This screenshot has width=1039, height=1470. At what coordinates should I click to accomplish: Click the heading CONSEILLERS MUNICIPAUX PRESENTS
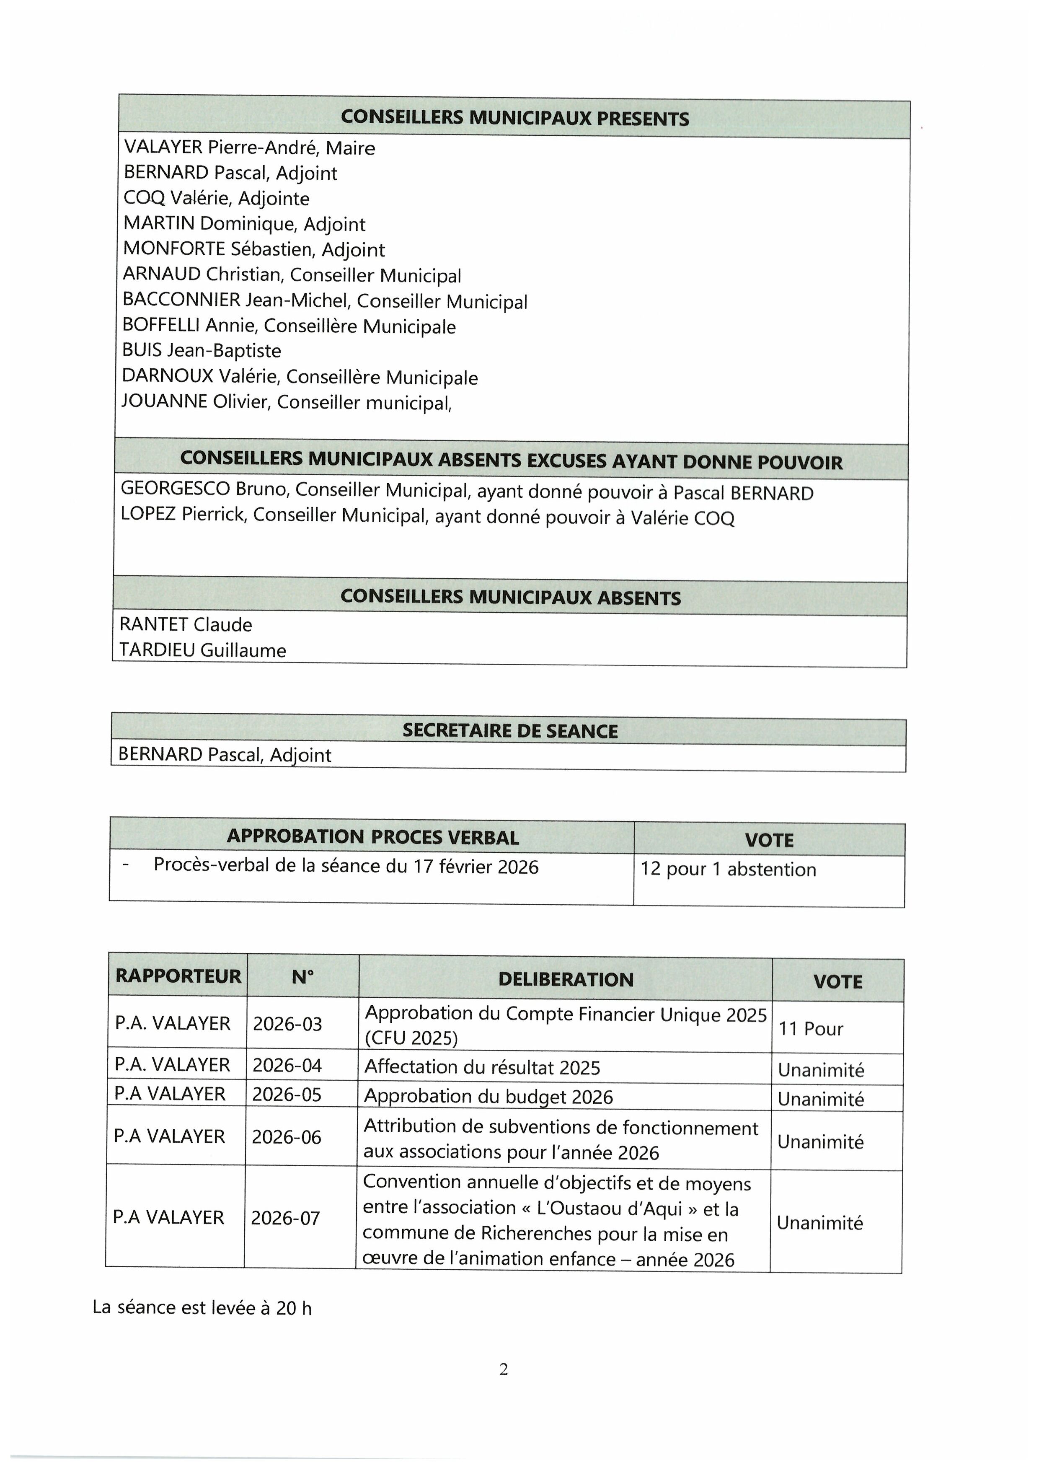coord(515,119)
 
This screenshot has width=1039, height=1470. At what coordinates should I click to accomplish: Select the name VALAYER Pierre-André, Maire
coord(250,148)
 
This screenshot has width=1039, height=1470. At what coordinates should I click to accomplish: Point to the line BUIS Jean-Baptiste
coord(202,351)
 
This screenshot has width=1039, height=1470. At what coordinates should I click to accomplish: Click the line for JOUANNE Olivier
coord(287,403)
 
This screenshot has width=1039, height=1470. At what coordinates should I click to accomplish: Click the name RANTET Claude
coord(186,624)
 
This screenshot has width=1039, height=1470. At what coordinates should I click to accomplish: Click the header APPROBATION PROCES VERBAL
coord(372,837)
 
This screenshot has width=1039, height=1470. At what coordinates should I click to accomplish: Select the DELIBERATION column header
coord(566,980)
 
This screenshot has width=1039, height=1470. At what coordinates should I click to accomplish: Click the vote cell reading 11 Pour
coord(810,1029)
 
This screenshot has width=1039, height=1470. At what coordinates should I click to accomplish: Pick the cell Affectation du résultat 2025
coord(482,1067)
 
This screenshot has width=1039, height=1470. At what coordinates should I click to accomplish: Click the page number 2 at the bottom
coord(504,1369)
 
